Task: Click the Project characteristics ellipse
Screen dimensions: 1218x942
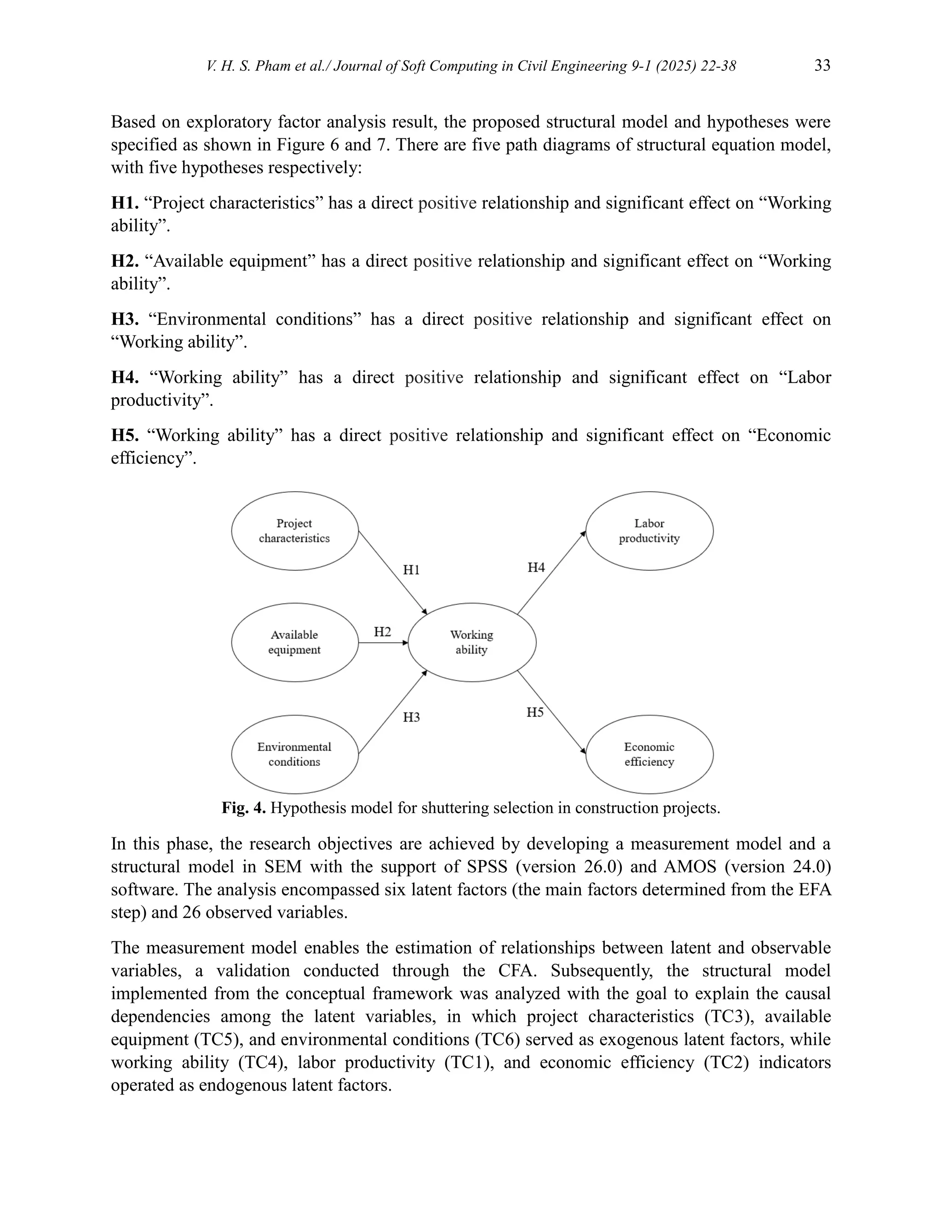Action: (295, 531)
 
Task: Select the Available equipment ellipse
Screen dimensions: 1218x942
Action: (295, 643)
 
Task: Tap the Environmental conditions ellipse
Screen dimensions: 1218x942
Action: (295, 755)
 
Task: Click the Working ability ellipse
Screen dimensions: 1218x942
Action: (472, 643)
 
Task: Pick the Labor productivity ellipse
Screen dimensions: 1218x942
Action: (649, 531)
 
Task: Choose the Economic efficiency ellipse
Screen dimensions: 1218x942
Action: (649, 755)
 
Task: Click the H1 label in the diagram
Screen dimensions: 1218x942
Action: (411, 570)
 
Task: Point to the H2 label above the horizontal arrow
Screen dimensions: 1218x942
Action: (382, 632)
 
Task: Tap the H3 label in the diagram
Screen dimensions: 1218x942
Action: (411, 717)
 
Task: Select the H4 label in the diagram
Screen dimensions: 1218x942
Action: (536, 568)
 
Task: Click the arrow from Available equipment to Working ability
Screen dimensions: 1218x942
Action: (384, 643)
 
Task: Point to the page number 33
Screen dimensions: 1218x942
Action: (822, 66)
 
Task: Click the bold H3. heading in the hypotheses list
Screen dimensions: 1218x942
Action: (125, 319)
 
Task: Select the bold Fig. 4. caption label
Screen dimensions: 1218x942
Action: (244, 808)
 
